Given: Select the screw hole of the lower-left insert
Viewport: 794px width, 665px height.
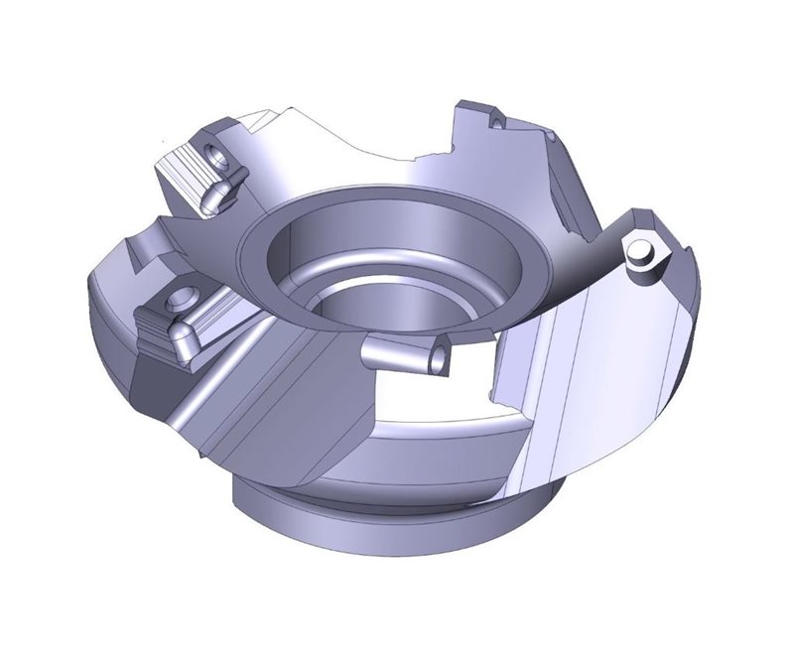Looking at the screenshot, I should [181, 297].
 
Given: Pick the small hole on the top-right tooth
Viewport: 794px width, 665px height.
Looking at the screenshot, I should [493, 120].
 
